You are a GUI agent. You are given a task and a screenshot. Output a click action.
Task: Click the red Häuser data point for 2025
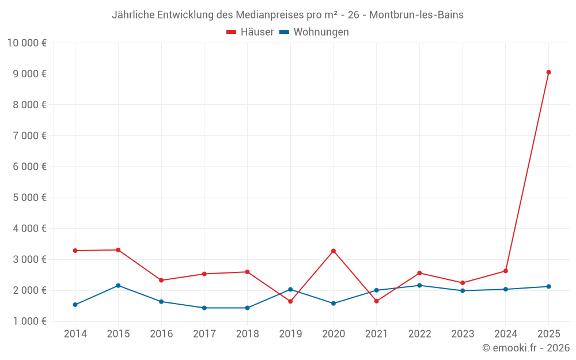pyautogui.click(x=548, y=73)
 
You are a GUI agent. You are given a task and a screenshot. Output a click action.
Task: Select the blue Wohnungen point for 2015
pyautogui.click(x=118, y=286)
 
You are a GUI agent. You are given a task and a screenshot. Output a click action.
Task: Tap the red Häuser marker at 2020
pyautogui.click(x=334, y=251)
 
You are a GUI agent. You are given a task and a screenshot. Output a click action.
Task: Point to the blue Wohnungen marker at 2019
pyautogui.click(x=290, y=290)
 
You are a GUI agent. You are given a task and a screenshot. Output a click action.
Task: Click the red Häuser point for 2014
pyautogui.click(x=75, y=251)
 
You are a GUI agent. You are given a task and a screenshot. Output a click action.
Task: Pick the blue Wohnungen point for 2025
pyautogui.click(x=548, y=286)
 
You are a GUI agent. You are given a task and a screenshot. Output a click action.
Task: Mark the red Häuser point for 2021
pyautogui.click(x=377, y=301)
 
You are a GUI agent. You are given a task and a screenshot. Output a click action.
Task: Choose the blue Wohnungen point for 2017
pyautogui.click(x=204, y=308)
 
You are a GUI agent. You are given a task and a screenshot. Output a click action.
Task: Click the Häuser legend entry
pyautogui.click(x=250, y=32)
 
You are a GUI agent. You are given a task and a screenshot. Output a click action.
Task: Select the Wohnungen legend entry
pyautogui.click(x=314, y=32)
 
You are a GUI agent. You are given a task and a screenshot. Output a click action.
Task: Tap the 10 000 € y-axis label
pyautogui.click(x=27, y=43)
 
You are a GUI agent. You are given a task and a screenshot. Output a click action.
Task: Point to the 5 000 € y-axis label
pyautogui.click(x=30, y=198)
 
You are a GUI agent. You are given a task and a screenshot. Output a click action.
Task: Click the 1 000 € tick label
pyautogui.click(x=30, y=321)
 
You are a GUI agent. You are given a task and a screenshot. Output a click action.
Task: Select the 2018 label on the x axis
pyautogui.click(x=247, y=334)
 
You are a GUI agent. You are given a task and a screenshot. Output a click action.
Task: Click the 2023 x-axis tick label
pyautogui.click(x=463, y=334)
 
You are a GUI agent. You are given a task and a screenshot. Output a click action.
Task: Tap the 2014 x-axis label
pyautogui.click(x=75, y=334)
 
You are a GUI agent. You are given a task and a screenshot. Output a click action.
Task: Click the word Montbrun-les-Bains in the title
pyautogui.click(x=416, y=15)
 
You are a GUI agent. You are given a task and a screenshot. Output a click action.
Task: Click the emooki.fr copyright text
pyautogui.click(x=526, y=348)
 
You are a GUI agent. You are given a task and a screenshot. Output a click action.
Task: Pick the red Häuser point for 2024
pyautogui.click(x=506, y=271)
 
